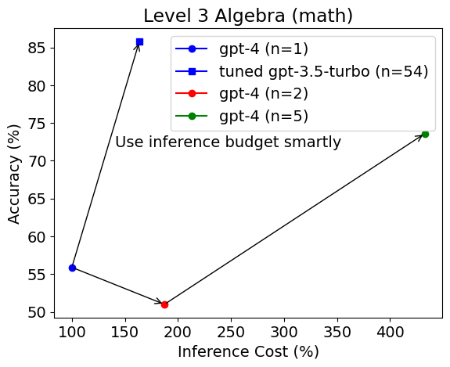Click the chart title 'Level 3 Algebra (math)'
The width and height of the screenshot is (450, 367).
pyautogui.click(x=248, y=16)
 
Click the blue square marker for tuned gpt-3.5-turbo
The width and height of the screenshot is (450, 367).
pyautogui.click(x=139, y=41)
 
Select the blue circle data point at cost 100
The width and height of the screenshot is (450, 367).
pyautogui.click(x=72, y=268)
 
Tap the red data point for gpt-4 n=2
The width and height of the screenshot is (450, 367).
pyautogui.click(x=164, y=304)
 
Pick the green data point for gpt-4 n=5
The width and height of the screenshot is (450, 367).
pyautogui.click(x=425, y=134)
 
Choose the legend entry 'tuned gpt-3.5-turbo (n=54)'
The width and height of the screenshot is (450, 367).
pyautogui.click(x=323, y=71)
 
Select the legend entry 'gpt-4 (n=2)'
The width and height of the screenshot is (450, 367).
pyautogui.click(x=263, y=94)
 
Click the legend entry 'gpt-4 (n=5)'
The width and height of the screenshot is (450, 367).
pyautogui.click(x=263, y=117)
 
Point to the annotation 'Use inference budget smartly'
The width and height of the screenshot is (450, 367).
pyautogui.click(x=228, y=142)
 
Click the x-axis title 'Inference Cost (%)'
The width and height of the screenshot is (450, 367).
pyautogui.click(x=248, y=352)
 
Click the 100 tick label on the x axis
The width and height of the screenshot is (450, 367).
pyautogui.click(x=72, y=332)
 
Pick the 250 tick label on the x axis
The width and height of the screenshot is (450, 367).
pyautogui.click(x=231, y=332)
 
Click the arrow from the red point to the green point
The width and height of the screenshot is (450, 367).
pyautogui.click(x=294, y=219)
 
